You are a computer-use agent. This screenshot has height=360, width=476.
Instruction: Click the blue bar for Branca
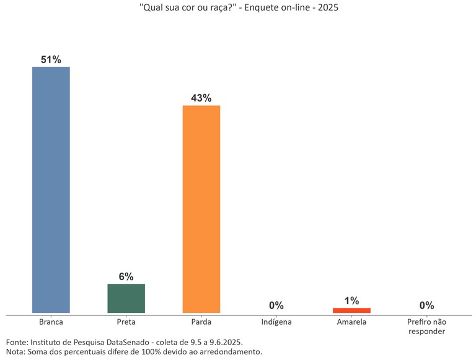click(51, 190)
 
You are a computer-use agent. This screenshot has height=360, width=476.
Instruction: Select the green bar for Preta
click(126, 298)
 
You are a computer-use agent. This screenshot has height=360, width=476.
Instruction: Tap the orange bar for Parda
click(201, 209)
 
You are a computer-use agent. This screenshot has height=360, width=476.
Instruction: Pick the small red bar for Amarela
click(351, 310)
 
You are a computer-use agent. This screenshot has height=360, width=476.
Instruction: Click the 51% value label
click(51, 59)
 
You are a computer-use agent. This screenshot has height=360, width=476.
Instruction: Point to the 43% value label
click(201, 99)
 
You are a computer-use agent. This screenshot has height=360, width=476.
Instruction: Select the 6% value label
click(126, 277)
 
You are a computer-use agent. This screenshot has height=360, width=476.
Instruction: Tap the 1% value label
click(351, 301)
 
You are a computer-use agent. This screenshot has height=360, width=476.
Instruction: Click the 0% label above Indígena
click(276, 305)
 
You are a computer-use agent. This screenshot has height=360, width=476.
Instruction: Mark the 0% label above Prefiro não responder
click(426, 305)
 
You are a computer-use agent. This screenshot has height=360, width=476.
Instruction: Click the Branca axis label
click(51, 322)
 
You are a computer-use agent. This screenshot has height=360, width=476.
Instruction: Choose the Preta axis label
click(126, 322)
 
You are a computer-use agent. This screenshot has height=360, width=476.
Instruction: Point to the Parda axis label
click(201, 322)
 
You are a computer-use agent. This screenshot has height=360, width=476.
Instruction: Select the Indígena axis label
click(276, 322)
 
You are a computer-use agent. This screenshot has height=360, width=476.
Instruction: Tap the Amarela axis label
click(351, 322)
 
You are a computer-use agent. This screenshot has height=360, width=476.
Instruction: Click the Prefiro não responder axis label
click(426, 327)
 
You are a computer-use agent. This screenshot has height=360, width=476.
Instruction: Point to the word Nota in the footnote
click(15, 352)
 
